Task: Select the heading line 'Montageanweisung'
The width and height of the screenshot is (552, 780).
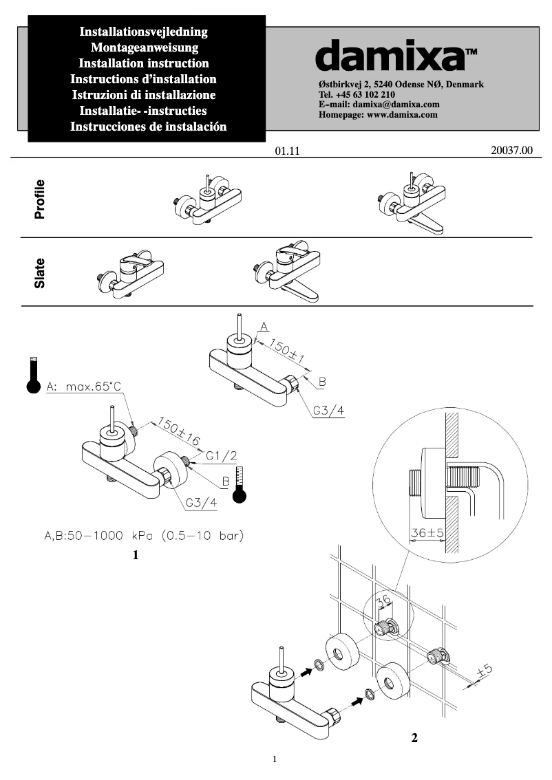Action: click(145, 47)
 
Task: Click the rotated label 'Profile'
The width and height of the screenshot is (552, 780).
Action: click(40, 199)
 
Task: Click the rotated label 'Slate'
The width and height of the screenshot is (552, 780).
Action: click(40, 273)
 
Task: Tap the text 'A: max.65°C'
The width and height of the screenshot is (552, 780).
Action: click(83, 387)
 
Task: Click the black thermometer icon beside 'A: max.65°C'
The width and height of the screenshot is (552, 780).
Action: click(32, 375)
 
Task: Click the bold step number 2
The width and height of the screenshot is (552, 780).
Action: click(414, 738)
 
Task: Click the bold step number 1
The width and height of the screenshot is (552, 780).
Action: click(136, 554)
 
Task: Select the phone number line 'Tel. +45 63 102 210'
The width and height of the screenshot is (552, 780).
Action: click(357, 94)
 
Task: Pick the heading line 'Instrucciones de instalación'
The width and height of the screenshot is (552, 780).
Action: click(148, 127)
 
